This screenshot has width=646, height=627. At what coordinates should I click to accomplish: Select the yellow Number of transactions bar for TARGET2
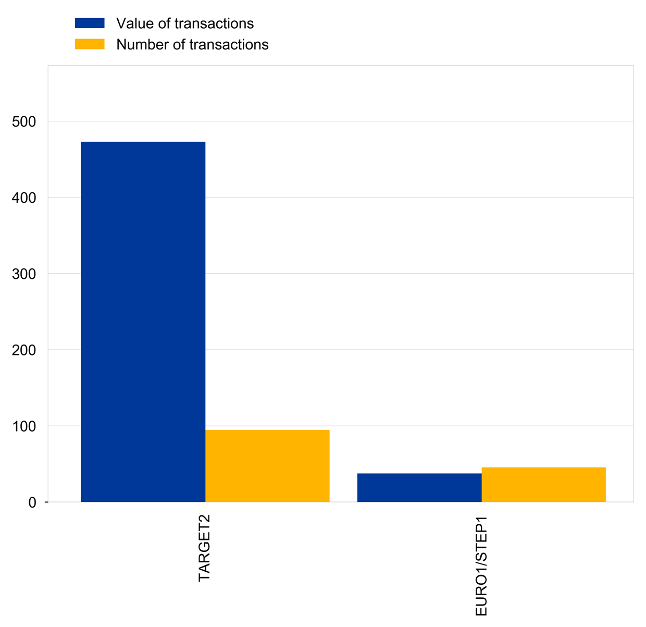coord(267,466)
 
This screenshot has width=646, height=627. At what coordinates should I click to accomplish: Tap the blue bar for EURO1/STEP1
coord(419,488)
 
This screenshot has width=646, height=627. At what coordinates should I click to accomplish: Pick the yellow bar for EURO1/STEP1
coord(543,485)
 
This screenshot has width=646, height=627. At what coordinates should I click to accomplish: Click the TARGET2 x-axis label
coord(204,548)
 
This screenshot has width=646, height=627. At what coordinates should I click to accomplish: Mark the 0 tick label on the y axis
coord(32,502)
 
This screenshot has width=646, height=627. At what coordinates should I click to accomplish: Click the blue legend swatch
coord(90,23)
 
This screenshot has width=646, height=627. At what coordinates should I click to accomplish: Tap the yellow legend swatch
coord(90,44)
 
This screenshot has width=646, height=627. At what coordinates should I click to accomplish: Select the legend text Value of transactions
coord(185,23)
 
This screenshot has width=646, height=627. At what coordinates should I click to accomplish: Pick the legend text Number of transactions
coord(192,44)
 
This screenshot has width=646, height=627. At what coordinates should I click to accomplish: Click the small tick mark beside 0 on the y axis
coord(46,502)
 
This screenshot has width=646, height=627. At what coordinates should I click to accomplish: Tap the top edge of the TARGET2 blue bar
coord(143,142)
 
